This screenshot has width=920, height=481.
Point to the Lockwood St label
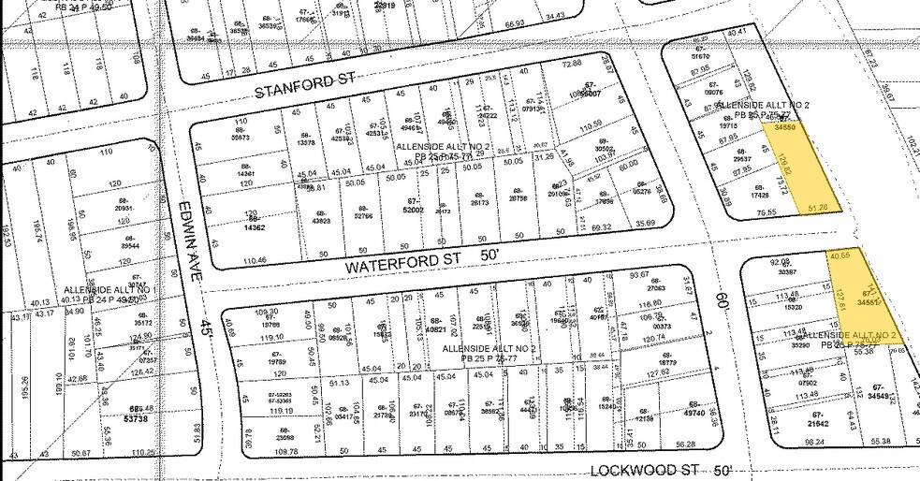[647, 467]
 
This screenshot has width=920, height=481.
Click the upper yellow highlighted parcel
[799, 168]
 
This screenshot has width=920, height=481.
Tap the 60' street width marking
[721, 299]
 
